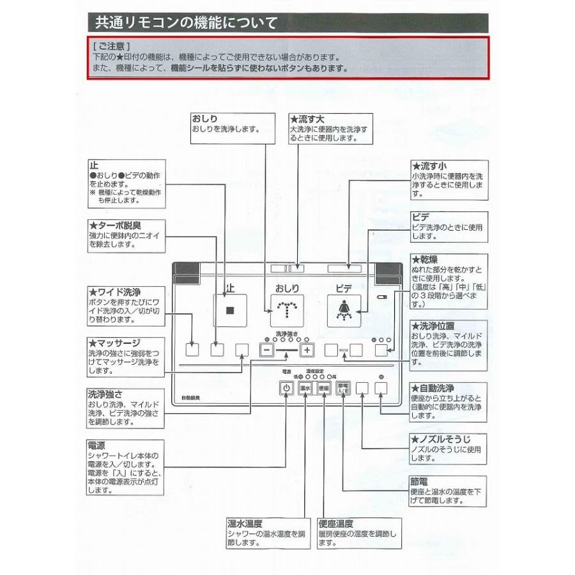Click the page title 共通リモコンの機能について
pos(186,23)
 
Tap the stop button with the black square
pos(230,310)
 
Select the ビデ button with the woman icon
pos(344,310)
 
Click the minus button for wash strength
pos(266,350)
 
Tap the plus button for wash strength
pos(307,350)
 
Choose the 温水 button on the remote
pos(305,388)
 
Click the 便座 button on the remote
pos(324,388)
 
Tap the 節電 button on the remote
pos(343,388)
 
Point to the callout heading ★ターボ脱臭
pos(115,226)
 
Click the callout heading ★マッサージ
pos(114,343)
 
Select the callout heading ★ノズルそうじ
pos(440,439)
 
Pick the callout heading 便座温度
pos(335,523)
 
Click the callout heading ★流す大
pos(307,119)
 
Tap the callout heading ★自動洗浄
pos(433,388)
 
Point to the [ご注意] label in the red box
pos(111,46)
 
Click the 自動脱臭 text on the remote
pos(190,398)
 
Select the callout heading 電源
pos(96,445)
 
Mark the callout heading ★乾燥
pos(425,259)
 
